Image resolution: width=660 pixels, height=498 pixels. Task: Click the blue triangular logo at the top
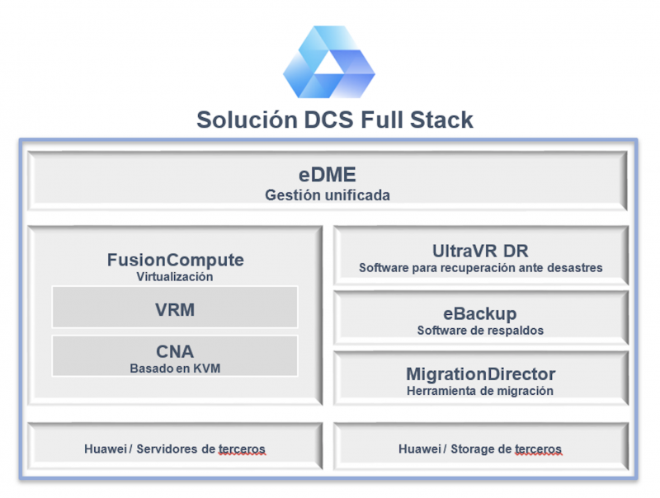coord(328,62)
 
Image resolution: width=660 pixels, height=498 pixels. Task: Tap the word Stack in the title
coord(441,120)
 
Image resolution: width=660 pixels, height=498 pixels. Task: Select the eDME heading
coord(327,175)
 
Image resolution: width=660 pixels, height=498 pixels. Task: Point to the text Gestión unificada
coord(327,195)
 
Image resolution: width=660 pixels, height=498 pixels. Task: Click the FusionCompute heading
coord(175,260)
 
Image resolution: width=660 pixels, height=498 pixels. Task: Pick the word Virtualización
coord(175,276)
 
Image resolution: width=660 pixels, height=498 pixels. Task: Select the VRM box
coord(175,307)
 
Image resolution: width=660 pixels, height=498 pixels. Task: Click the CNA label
coord(175,351)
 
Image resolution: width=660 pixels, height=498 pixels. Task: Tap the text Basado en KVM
coord(175,369)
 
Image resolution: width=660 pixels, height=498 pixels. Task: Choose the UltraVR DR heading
coord(480,251)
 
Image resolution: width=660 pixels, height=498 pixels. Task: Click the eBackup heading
coord(480,314)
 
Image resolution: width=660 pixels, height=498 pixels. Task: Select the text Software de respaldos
coord(480,331)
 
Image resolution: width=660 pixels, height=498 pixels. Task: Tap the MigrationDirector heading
coord(481,374)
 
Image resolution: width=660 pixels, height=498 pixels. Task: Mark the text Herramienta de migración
coord(480,391)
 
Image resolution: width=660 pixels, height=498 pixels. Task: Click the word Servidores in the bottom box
coord(167,449)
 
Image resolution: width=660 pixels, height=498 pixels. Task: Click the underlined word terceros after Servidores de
coord(242,449)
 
